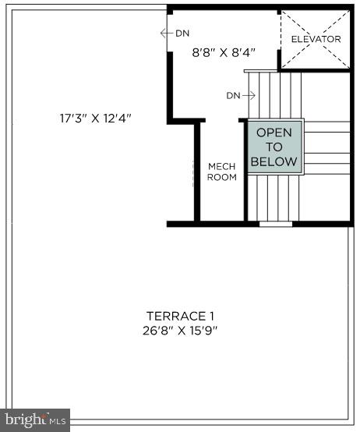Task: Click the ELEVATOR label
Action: (x=316, y=39)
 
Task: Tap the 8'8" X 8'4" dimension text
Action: (x=224, y=53)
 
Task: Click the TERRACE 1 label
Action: (x=180, y=316)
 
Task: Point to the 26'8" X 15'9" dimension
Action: (x=180, y=330)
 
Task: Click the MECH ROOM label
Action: (x=221, y=172)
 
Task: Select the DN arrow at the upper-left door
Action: (x=175, y=33)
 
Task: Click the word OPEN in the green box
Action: (x=274, y=133)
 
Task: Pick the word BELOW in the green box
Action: (x=274, y=161)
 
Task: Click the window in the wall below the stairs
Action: (x=275, y=224)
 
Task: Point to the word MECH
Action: (x=221, y=166)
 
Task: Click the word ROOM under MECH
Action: (x=221, y=177)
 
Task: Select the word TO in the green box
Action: (x=274, y=147)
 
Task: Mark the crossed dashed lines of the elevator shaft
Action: (x=316, y=39)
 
